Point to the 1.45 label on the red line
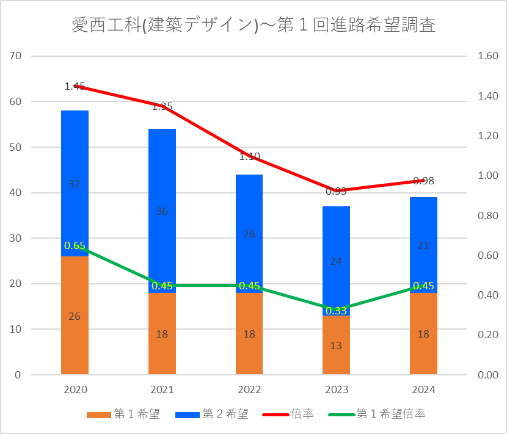click(x=75, y=87)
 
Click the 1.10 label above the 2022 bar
click(x=249, y=156)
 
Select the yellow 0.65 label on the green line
click(x=75, y=245)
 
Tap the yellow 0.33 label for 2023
click(x=336, y=311)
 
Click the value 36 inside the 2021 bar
click(x=162, y=212)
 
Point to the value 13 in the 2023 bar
click(x=336, y=345)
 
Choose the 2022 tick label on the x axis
click(x=249, y=390)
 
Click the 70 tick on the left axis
click(x=16, y=56)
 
